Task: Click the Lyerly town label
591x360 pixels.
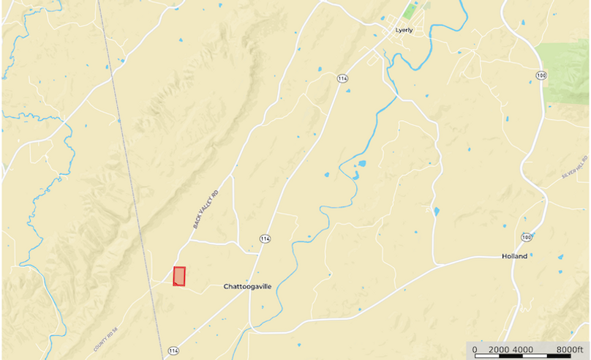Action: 404,30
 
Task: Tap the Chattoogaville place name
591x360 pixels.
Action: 247,287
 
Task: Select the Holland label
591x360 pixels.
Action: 515,256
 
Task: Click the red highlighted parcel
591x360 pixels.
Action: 179,277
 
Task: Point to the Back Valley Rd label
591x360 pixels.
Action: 206,210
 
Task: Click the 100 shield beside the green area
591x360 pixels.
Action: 541,75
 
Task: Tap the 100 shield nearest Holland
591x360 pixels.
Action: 527,238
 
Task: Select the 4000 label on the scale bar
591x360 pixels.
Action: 522,349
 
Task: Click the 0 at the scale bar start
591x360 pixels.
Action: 475,349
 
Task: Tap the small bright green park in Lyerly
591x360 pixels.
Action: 410,12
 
